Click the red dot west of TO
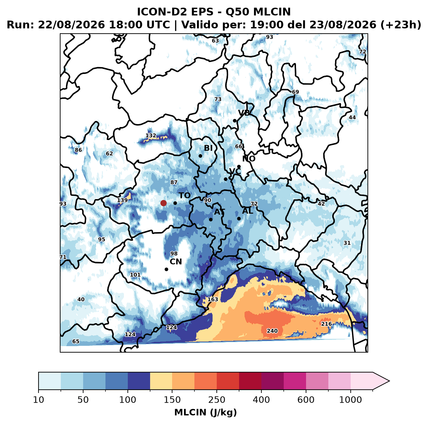pos(163,203)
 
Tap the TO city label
pos(185,196)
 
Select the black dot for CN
pos(166,269)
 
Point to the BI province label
pos(208,148)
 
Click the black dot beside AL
pos(239,218)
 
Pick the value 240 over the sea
pos(272,331)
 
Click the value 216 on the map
pos(326,324)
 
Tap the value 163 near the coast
pos(213,299)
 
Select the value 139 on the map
pos(122,200)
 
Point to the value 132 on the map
pos(151,135)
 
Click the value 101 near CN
pos(135,275)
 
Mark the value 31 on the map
pos(347,243)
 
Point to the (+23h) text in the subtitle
pos(401,25)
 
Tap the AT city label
pos(220,212)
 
